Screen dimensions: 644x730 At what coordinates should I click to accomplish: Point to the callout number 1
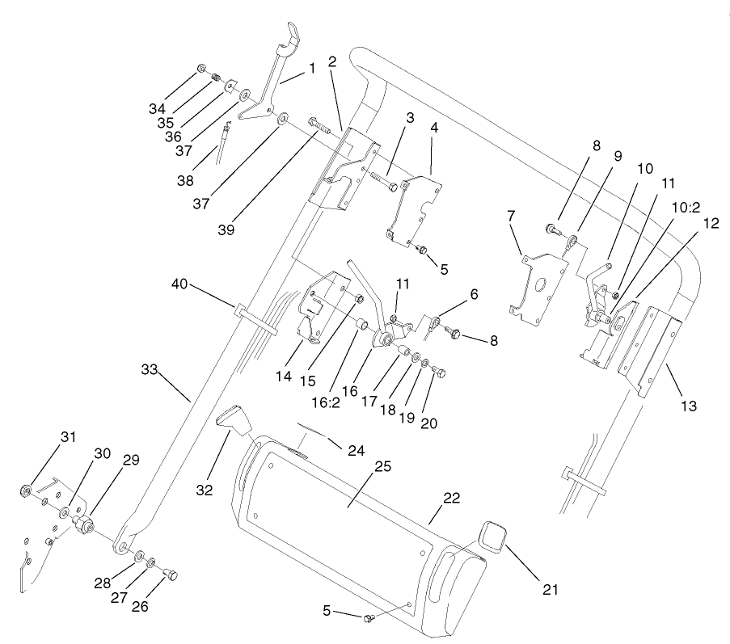point(311,69)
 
